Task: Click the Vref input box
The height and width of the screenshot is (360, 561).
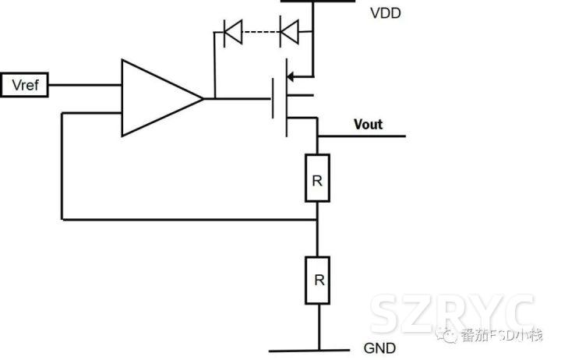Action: (x=25, y=85)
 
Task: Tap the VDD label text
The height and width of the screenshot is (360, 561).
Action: (x=385, y=12)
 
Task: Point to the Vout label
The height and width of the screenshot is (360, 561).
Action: (x=369, y=124)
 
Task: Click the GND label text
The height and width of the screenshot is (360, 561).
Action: (x=379, y=348)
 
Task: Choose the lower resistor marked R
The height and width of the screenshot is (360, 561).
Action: (x=317, y=279)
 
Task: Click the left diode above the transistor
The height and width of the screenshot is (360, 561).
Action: (x=231, y=34)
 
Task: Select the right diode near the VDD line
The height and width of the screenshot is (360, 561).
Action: (x=289, y=34)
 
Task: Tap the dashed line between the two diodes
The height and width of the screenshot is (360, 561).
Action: (x=260, y=34)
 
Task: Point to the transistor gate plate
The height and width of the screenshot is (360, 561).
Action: (x=274, y=98)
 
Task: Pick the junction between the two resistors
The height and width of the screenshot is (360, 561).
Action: (x=317, y=220)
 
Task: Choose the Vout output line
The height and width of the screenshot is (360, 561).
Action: (x=362, y=136)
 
